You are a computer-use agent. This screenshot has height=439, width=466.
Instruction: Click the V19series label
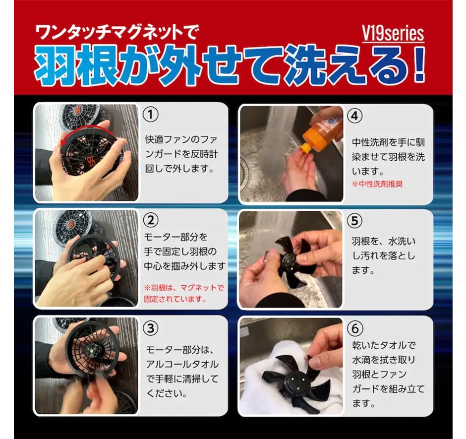[x=393, y=34]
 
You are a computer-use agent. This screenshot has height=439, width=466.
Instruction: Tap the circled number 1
[x=151, y=115]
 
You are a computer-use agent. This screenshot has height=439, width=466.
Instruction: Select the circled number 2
[x=151, y=220]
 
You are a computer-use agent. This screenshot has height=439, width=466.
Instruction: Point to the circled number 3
[x=151, y=328]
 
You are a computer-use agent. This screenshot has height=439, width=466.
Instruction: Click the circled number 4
[x=355, y=116]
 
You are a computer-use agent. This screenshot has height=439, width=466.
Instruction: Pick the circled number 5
[x=355, y=221]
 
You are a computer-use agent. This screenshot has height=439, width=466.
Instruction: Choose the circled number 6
[x=355, y=328]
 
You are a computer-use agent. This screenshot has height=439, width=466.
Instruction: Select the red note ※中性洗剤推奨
[x=377, y=184]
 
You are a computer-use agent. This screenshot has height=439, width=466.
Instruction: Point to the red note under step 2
[x=183, y=293]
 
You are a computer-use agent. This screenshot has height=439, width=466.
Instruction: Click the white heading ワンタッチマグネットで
[x=116, y=32]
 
